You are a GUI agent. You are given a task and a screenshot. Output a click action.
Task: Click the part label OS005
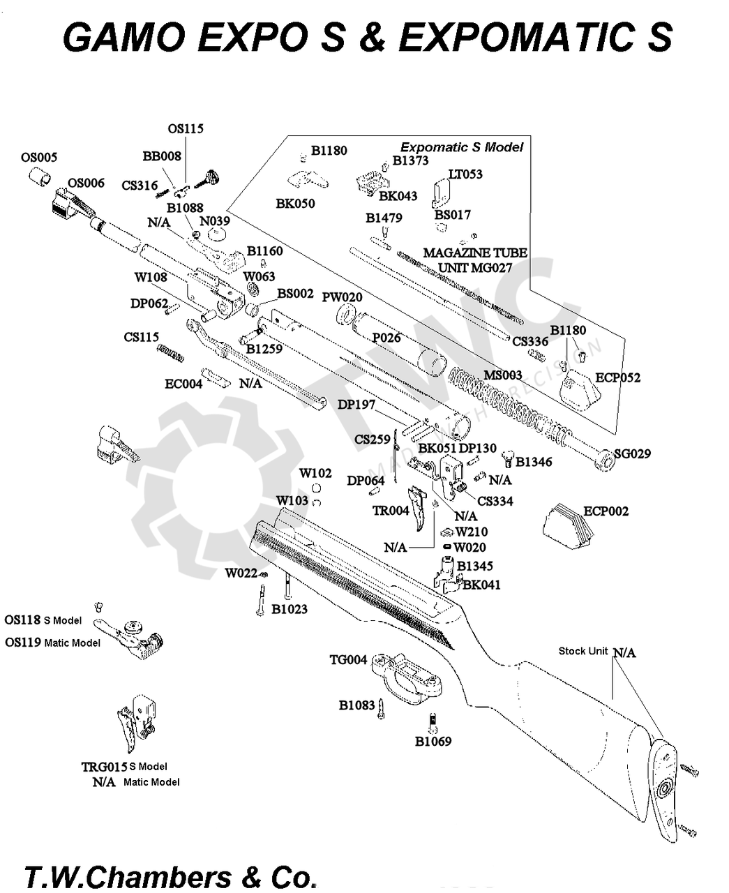point(39,158)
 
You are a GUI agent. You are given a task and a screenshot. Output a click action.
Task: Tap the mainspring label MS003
point(503,375)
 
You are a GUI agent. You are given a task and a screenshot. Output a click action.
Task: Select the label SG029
point(632,454)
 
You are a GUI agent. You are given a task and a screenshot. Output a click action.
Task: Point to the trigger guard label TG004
point(348,660)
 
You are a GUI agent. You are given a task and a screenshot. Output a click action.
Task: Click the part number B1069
point(433,742)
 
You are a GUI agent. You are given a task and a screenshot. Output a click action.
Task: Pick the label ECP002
point(606,511)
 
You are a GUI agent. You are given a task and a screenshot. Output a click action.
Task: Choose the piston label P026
point(386,338)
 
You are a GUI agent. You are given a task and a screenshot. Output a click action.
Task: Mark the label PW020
point(342,297)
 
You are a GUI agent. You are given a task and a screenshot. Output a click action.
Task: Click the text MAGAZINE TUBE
point(475,253)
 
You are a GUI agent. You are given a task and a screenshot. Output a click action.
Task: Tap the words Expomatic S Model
point(461,147)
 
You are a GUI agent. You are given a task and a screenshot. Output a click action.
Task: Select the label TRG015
point(104,767)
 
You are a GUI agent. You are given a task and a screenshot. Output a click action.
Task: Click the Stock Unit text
point(583,651)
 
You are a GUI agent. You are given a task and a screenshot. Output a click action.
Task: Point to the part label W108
point(151,278)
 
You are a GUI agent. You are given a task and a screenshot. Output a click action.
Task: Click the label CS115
point(142,337)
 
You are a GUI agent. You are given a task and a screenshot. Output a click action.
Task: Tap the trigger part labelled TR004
point(391,511)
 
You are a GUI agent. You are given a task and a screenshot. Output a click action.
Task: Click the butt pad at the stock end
point(666,788)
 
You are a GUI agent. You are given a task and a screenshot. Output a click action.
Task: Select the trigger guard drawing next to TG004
point(408,677)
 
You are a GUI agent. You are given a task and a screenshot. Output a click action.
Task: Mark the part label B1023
point(290,609)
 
